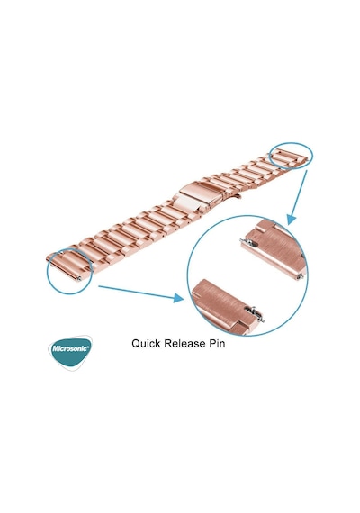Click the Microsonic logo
pos(70,353)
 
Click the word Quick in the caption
pos(146,344)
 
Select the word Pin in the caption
pos(217,344)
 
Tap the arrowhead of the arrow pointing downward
pos(291,220)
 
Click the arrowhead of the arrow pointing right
pos(179,298)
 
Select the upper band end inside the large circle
pos(274,250)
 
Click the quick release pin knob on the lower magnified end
pos(253,309)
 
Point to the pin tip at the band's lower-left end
pos(79,279)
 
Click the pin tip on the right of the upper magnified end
pos(301,277)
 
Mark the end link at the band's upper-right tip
pos(289,157)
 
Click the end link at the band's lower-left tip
pos(68,266)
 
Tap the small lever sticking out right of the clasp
pos(238,196)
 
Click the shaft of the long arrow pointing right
pos(137,292)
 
